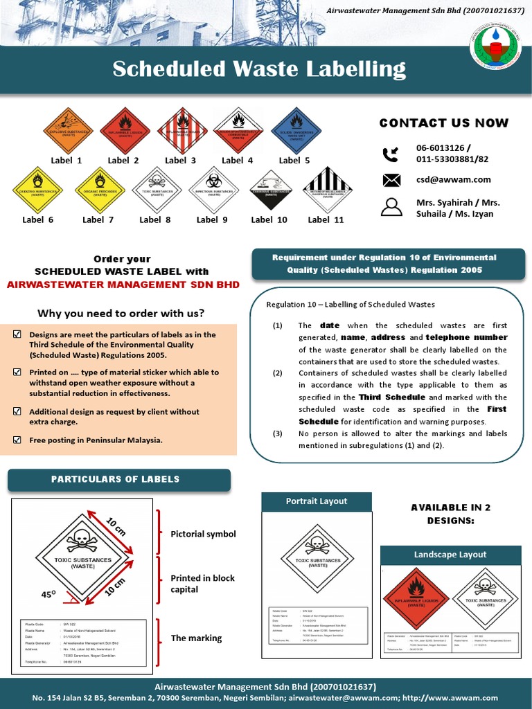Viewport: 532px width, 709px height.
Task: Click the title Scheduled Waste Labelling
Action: click(x=259, y=69)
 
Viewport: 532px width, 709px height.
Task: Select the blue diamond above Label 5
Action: click(x=296, y=132)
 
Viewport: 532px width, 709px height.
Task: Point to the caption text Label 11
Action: click(x=326, y=219)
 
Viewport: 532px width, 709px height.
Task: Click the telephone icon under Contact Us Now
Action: click(x=391, y=153)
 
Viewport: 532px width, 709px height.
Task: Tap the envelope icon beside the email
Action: click(x=391, y=180)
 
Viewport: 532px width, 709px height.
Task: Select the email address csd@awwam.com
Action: click(x=453, y=179)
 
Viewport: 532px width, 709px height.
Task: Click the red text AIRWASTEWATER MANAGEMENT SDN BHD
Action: click(x=123, y=285)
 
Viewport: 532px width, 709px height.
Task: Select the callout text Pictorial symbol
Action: click(x=203, y=534)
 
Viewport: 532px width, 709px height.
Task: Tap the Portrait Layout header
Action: click(x=317, y=501)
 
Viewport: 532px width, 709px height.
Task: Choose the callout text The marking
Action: click(x=196, y=638)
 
